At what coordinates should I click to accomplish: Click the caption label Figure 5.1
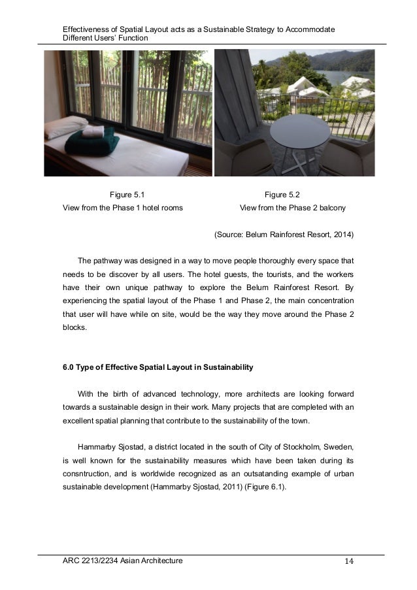(127, 194)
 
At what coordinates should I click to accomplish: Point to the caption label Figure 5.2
(282, 194)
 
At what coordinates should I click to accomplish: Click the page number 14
(350, 561)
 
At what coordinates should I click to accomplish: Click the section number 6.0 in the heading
(68, 367)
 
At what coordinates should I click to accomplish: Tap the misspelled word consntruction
(88, 474)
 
